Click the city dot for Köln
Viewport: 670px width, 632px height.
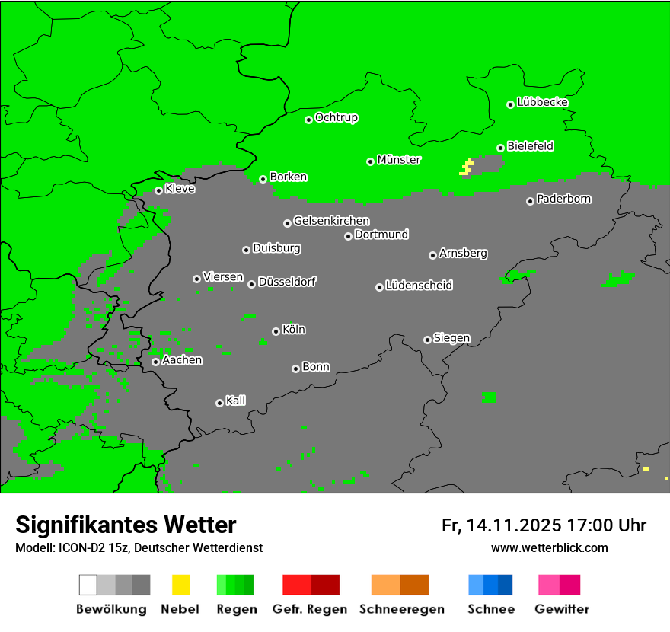click(x=276, y=331)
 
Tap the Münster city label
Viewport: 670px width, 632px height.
click(x=399, y=160)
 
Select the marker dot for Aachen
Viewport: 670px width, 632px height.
click(x=155, y=362)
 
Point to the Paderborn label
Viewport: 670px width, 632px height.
click(x=563, y=199)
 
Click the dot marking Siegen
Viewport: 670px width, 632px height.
click(x=427, y=340)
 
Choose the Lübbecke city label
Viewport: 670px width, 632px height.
click(x=542, y=102)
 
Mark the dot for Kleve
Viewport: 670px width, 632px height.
click(x=158, y=190)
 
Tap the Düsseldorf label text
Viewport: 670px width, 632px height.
click(x=287, y=282)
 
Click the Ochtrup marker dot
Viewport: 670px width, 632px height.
click(x=308, y=120)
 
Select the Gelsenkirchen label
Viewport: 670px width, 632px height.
click(x=331, y=221)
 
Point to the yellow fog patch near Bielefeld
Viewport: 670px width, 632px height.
click(x=467, y=168)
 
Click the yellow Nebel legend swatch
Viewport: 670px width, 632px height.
click(x=180, y=585)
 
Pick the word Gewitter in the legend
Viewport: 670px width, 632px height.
click(x=562, y=609)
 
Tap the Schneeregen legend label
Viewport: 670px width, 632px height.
click(x=401, y=609)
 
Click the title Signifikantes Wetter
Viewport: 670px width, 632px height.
click(x=126, y=525)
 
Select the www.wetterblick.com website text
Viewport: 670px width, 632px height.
click(x=550, y=547)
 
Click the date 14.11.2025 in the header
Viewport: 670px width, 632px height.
click(x=514, y=525)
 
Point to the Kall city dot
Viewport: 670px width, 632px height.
click(x=219, y=403)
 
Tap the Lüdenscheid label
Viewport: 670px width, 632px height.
click(x=419, y=286)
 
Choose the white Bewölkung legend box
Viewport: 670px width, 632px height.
click(x=88, y=585)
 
